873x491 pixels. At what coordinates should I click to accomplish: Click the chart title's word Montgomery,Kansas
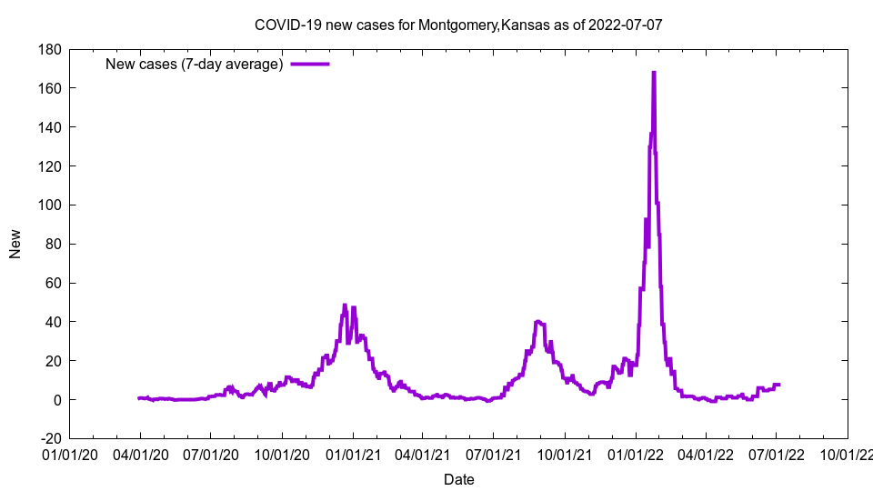482,25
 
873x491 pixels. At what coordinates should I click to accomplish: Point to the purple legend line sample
309,64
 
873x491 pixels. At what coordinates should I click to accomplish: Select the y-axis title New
15,244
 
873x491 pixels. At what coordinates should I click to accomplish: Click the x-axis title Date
458,479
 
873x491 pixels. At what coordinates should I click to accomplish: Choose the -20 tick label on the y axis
48,438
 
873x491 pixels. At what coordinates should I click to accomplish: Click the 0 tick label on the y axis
56,399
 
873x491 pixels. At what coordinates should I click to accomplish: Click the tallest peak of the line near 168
654,73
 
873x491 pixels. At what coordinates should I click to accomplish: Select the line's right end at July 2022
778,385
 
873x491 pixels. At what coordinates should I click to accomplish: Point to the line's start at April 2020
139,398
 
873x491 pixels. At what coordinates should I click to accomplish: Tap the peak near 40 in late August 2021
538,321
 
